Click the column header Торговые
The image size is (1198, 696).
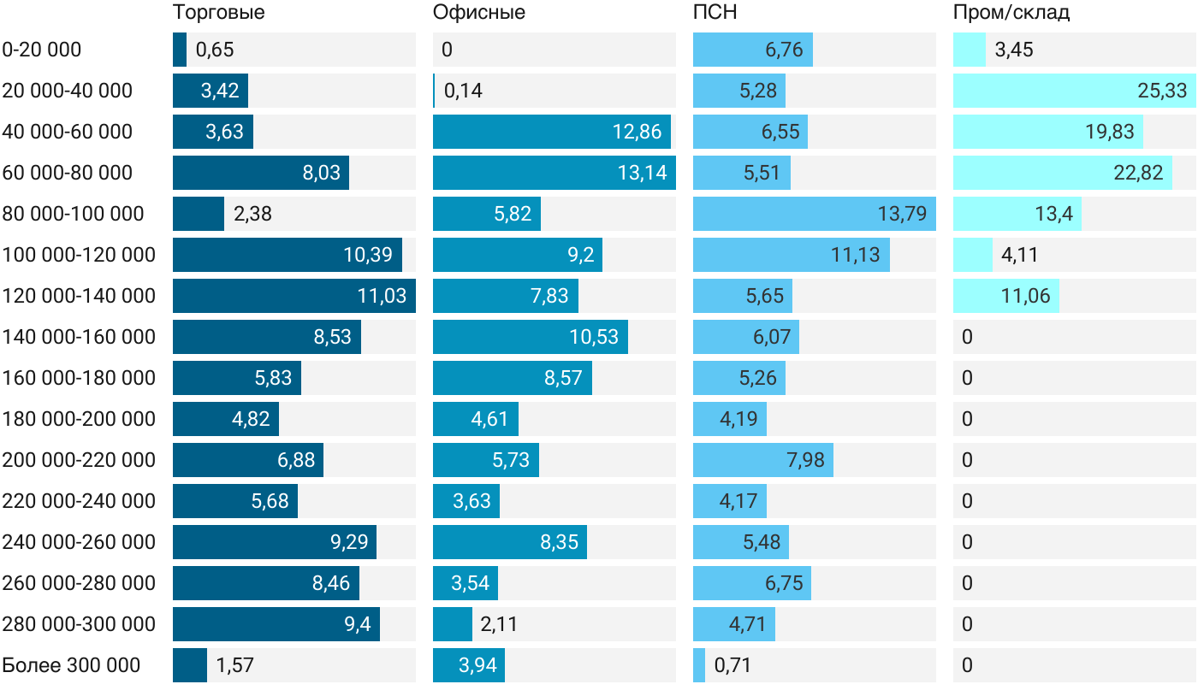coord(218,12)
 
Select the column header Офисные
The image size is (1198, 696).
coord(478,12)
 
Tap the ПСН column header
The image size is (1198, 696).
coord(715,12)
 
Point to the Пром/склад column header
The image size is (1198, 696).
coord(1011,12)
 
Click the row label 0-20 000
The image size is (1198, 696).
coord(42,50)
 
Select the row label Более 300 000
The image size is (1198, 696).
coord(71,665)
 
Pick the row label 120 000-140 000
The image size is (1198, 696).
coord(79,296)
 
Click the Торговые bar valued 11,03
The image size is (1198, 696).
coord(294,296)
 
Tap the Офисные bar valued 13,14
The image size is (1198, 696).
coord(555,173)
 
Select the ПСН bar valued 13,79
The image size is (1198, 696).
coord(815,214)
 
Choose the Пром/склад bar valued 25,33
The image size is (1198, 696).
coord(1075,91)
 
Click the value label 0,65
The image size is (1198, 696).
coord(215,50)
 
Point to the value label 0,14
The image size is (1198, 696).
coord(463,91)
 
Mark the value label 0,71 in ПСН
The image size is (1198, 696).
coord(732,665)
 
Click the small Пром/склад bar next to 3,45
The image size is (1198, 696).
coord(969,50)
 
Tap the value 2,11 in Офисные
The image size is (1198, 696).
coord(498,624)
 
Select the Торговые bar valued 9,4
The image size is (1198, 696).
coord(276,624)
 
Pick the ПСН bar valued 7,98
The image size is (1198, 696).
coord(763,460)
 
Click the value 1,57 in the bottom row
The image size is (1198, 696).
coord(234,665)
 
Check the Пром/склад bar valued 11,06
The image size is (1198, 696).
coord(1006,296)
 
